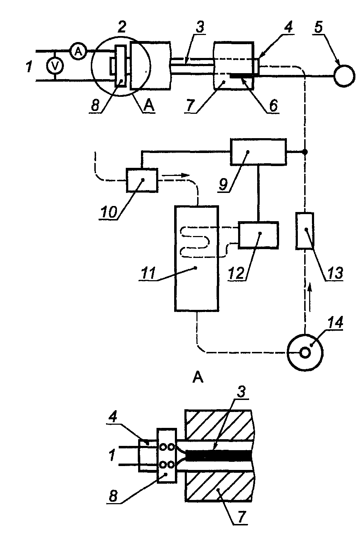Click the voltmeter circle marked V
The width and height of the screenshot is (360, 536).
55,66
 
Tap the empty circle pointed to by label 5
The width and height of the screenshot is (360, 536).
344,76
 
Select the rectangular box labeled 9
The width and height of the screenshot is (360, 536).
258,152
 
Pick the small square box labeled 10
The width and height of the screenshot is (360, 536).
142,180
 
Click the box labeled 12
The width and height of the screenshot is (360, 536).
258,235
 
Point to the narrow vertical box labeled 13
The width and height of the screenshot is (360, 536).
305,231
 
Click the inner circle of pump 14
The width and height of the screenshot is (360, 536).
305,353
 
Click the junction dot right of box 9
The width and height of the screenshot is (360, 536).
305,152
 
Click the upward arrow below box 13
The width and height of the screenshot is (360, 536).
310,297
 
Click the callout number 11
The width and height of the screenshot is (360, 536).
148,273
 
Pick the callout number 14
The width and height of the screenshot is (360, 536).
335,322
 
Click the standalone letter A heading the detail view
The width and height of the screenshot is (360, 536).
198,378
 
